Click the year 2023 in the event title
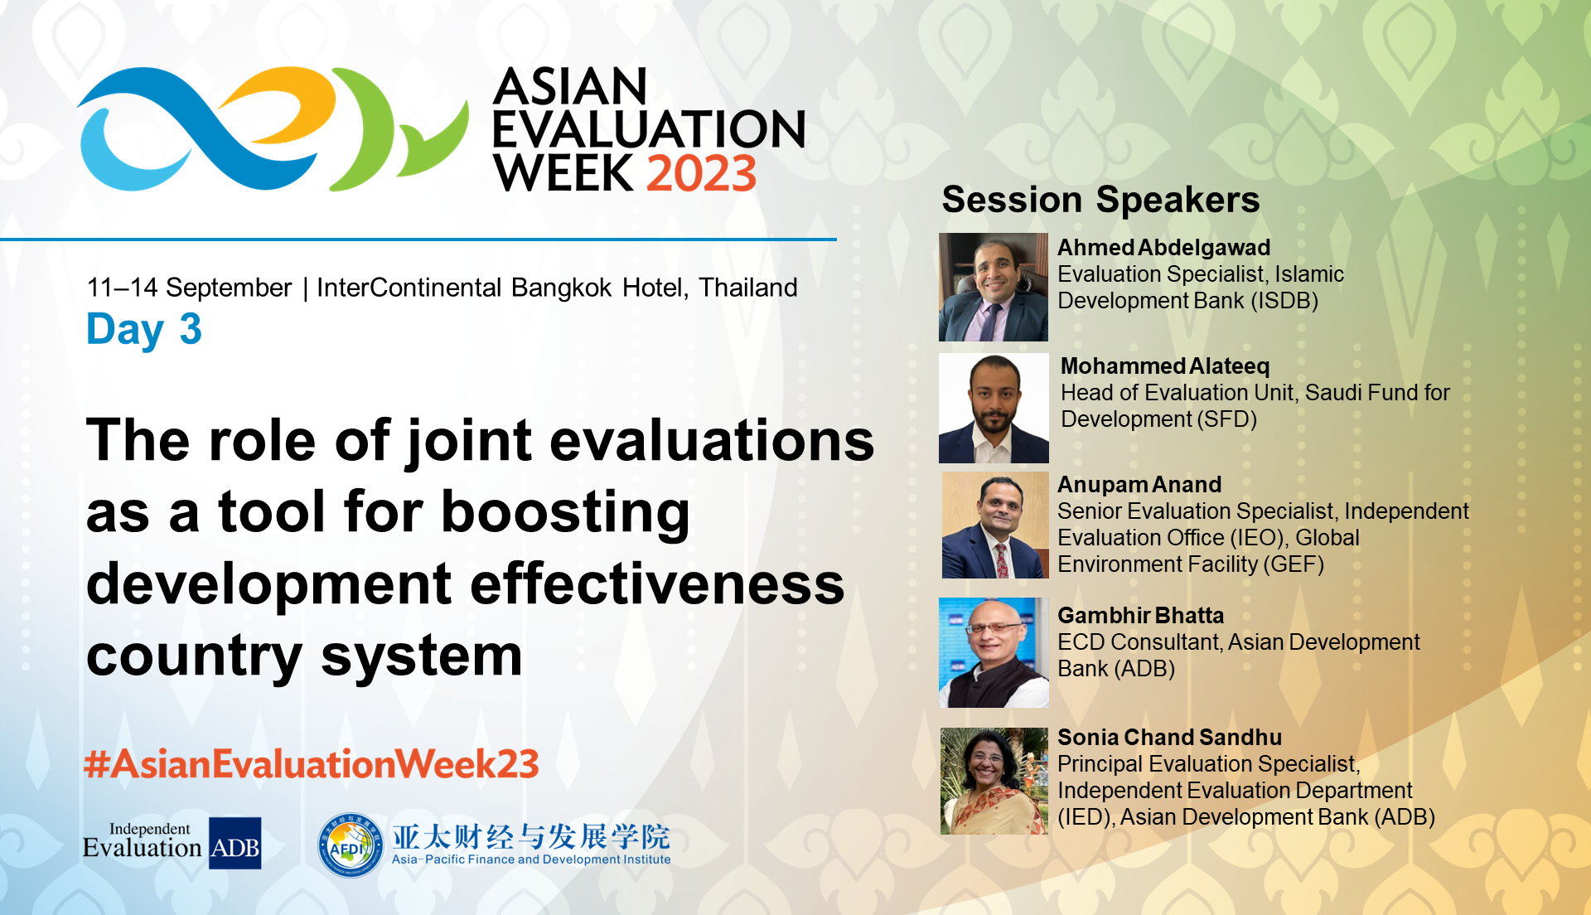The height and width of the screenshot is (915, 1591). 701,174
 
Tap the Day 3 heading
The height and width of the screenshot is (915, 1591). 144,330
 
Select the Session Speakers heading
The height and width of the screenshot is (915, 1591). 1100,200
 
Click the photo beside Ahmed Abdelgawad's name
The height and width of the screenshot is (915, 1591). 993,287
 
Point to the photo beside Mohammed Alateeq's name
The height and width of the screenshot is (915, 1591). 994,408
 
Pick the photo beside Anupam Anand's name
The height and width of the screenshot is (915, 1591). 995,525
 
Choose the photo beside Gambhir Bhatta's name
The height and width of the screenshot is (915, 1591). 994,652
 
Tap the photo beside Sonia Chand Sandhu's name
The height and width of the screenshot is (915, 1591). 994,781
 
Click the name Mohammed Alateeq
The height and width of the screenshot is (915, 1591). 1164,366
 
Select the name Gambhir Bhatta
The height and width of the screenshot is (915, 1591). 1140,616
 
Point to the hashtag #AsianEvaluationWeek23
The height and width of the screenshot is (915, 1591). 312,764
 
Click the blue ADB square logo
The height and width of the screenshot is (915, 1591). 235,844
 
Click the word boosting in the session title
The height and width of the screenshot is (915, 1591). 565,512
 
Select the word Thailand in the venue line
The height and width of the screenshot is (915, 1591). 747,288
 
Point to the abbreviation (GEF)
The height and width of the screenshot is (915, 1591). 1293,564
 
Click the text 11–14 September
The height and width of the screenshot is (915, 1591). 189,288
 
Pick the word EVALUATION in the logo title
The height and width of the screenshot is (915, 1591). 649,129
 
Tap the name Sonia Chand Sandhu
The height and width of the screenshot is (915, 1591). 1169,738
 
